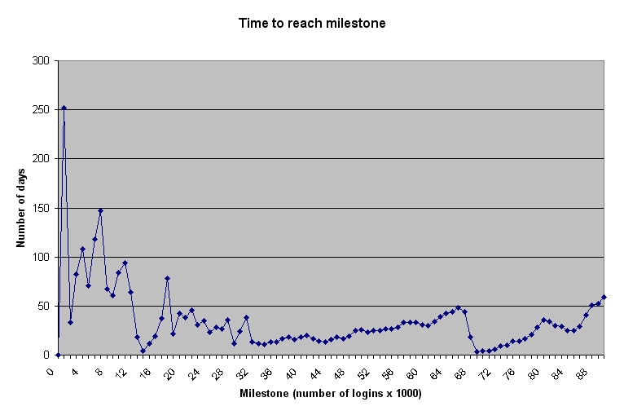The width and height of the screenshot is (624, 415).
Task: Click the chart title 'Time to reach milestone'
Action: (x=312, y=24)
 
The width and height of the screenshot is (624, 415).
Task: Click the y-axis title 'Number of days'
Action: (x=21, y=208)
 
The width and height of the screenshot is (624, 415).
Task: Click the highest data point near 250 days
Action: (x=64, y=108)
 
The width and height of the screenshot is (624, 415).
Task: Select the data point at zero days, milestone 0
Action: (x=58, y=355)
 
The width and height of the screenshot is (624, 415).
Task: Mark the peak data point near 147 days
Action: (x=100, y=210)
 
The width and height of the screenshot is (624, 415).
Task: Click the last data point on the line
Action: (x=604, y=297)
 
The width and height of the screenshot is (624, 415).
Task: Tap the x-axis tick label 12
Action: (x=121, y=372)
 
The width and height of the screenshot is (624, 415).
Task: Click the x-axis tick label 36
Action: (x=266, y=372)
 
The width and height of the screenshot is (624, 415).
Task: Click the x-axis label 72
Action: (x=482, y=372)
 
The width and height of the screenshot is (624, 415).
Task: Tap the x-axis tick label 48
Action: (x=338, y=372)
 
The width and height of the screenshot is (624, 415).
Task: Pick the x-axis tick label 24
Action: (x=194, y=372)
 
